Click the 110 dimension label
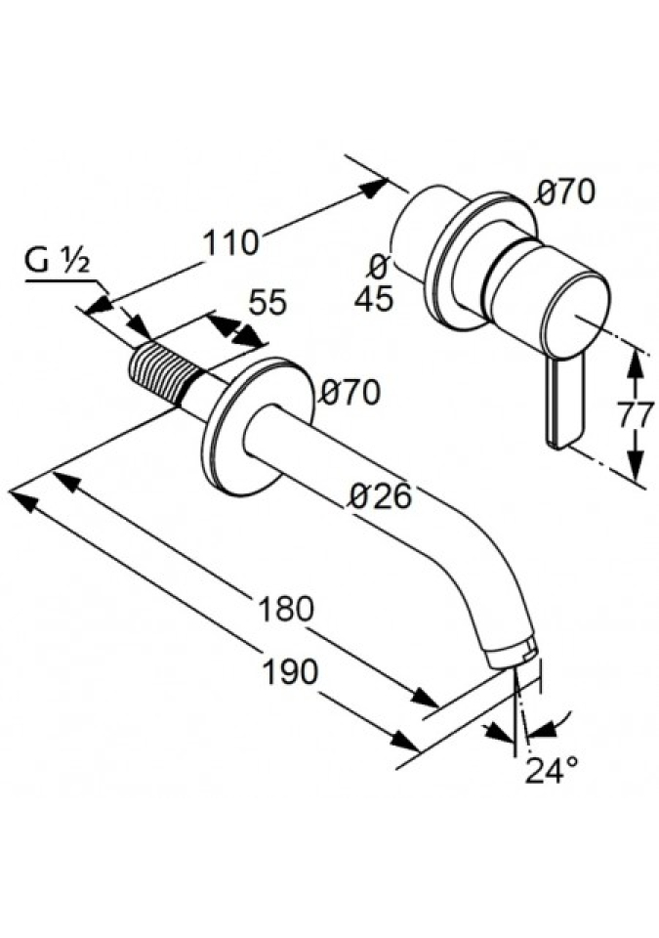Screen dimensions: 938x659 coord(230,240)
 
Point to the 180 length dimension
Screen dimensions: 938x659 coord(286,609)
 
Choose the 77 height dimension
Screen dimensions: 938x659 coord(636,415)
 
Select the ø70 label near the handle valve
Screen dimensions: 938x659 coord(566,192)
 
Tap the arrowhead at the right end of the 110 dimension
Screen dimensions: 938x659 coord(375,187)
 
